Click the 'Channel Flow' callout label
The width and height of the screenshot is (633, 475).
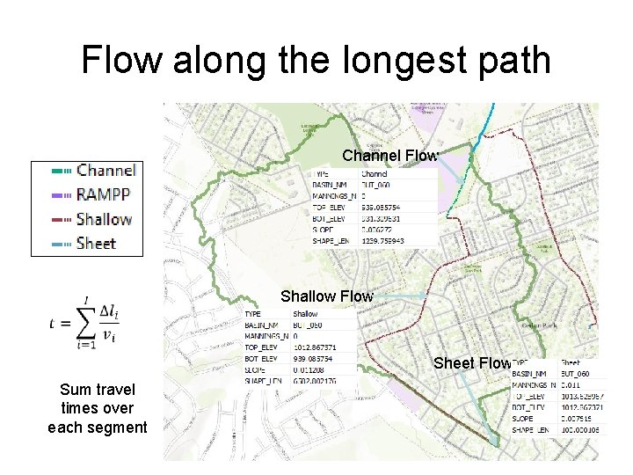(x=389, y=157)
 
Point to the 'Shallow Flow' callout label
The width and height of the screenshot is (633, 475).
(x=326, y=296)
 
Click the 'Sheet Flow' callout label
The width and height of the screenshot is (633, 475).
(x=472, y=363)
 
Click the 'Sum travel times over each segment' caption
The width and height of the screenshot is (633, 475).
(x=98, y=408)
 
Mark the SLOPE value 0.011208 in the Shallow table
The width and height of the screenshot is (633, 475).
(x=310, y=370)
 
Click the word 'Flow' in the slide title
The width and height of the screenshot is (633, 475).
(x=121, y=61)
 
